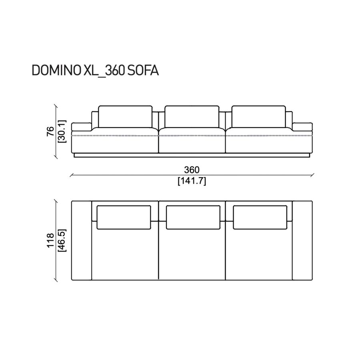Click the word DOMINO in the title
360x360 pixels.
56,70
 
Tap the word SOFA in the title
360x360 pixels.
143,70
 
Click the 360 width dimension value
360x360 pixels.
192,170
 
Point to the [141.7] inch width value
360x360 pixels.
192,181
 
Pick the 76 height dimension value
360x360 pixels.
50,131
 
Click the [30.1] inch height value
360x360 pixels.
62,131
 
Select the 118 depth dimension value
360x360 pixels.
50,240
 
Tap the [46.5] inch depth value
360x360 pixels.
62,240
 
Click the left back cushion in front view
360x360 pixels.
125,117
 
